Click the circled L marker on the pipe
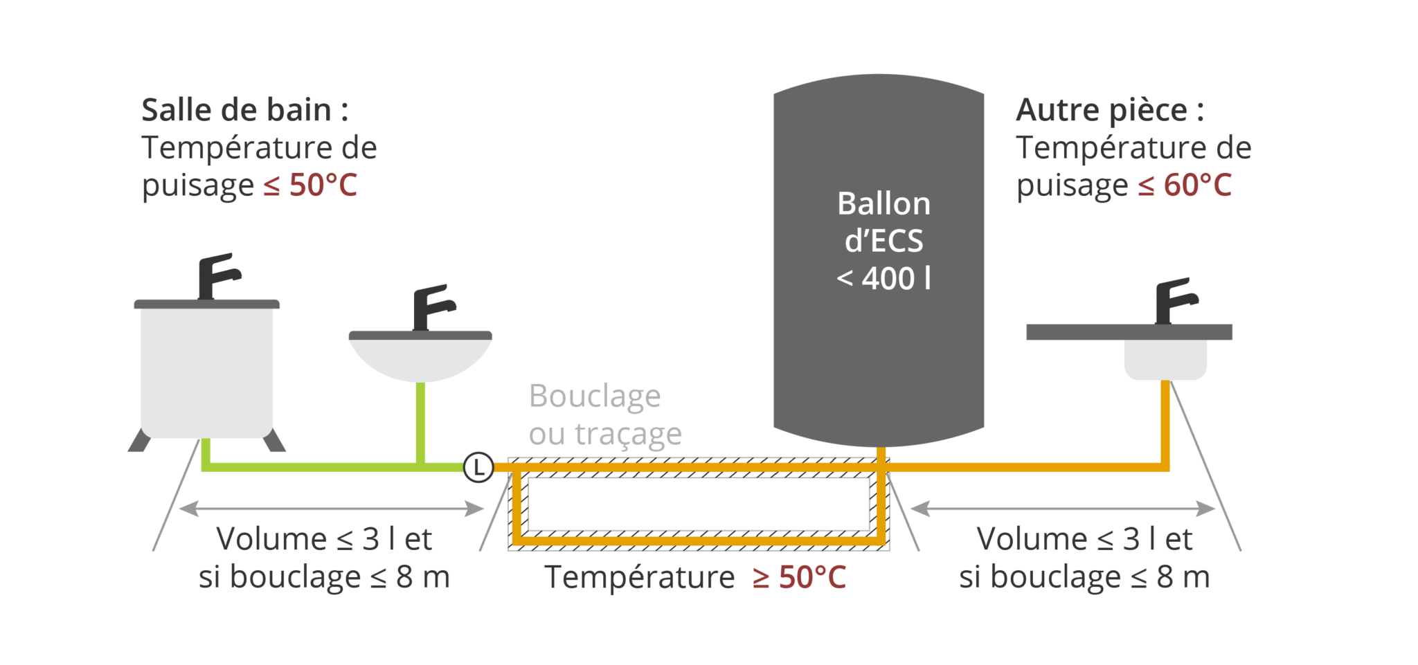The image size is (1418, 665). [x=478, y=467]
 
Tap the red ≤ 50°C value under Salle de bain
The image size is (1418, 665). [x=310, y=185]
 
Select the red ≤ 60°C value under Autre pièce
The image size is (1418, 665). [x=1185, y=185]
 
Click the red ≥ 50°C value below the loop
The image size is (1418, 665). [x=800, y=577]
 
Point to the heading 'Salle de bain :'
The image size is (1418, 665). [x=244, y=111]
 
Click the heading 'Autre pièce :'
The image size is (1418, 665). [x=1110, y=111]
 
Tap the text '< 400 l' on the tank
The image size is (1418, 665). [x=883, y=279]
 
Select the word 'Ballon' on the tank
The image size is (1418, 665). [x=883, y=204]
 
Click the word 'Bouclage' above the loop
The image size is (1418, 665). [x=595, y=397]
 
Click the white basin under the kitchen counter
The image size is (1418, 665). [x=1165, y=359]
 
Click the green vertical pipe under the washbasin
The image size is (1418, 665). [x=420, y=422]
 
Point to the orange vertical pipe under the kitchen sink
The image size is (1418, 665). [x=1166, y=422]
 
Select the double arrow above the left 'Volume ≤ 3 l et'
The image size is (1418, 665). [x=331, y=509]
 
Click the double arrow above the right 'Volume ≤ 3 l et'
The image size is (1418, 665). [x=1063, y=509]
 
